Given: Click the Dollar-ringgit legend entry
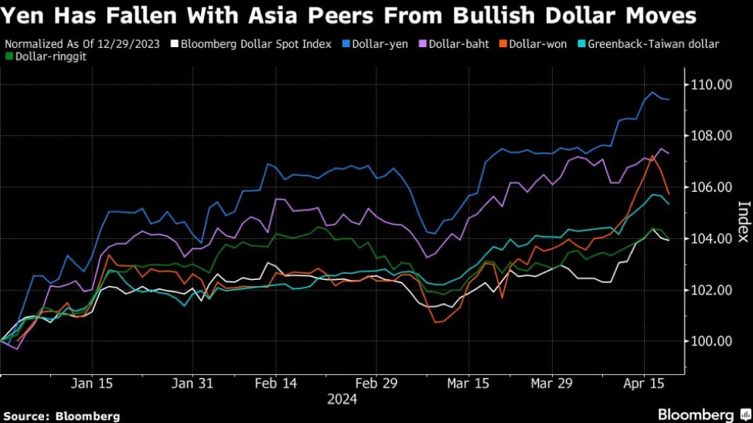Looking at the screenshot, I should pyautogui.click(x=43, y=56).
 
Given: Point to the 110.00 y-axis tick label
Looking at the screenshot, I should pyautogui.click(x=710, y=84).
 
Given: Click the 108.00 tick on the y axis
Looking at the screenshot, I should pyautogui.click(x=710, y=136).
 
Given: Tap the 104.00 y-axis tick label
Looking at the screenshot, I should pyautogui.click(x=710, y=238).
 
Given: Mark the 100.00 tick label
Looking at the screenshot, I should pyautogui.click(x=710, y=341).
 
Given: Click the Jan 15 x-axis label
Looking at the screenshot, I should pyautogui.click(x=92, y=383).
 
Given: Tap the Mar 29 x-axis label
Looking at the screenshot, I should pyautogui.click(x=552, y=383).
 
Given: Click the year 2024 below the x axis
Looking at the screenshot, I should pyautogui.click(x=342, y=399).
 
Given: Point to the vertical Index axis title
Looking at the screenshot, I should pyautogui.click(x=743, y=221).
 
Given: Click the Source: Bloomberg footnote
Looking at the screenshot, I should pyautogui.click(x=61, y=416).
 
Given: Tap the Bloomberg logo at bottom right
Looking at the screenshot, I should pyautogui.click(x=697, y=414).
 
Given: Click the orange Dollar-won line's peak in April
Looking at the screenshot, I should pyautogui.click(x=653, y=155).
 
